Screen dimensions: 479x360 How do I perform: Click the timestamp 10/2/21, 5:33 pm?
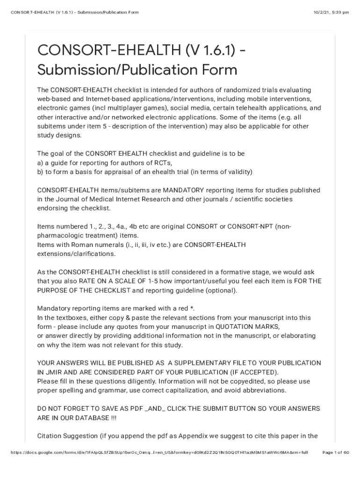[331, 12]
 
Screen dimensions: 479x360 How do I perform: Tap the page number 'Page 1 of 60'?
[336, 453]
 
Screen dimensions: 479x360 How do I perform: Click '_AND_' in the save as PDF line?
[156, 408]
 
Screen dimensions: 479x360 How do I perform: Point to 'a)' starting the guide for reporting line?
[40, 163]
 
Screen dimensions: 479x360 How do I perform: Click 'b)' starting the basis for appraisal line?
[40, 172]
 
